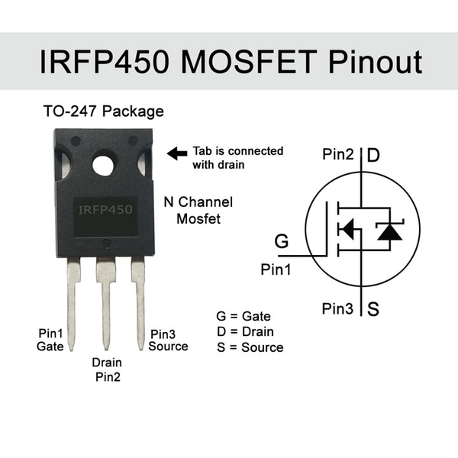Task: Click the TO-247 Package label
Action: click(x=103, y=111)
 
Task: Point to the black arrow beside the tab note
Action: click(x=177, y=153)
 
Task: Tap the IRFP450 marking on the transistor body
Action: click(x=105, y=208)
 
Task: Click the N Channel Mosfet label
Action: click(x=198, y=211)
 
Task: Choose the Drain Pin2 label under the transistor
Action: click(x=107, y=369)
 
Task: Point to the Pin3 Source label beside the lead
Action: click(x=169, y=340)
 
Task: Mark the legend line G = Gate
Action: click(x=244, y=316)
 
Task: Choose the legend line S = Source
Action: click(x=250, y=347)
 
